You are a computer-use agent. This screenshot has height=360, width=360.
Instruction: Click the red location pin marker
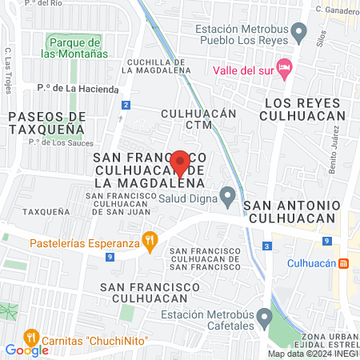tap(180, 162)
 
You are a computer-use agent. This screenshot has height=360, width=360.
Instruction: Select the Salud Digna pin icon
tap(228, 194)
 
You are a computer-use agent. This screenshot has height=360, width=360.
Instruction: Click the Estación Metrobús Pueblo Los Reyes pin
tap(299, 34)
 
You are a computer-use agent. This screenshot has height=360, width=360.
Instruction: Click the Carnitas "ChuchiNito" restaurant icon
tap(32, 335)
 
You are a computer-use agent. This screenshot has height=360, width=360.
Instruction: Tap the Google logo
tap(26, 350)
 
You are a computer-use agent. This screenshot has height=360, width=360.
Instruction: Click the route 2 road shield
tap(126, 106)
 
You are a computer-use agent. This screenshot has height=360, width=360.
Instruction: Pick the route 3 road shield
tap(266, 246)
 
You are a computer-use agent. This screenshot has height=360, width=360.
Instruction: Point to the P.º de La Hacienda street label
tap(78, 89)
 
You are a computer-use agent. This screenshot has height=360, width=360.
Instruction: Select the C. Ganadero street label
tap(337, 10)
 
